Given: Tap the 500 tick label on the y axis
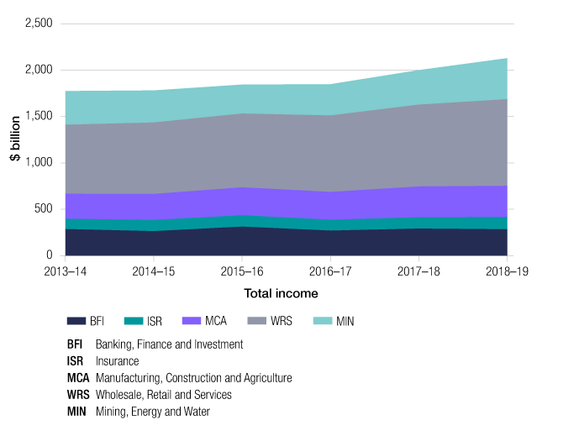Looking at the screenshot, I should [44, 208].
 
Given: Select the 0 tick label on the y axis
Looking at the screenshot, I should [50, 255].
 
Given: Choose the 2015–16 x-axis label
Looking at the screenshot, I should [243, 273].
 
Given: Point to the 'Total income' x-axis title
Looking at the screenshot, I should [281, 293].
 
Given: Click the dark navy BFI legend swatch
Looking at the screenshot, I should [77, 321].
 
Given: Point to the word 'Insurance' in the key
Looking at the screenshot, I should [118, 361].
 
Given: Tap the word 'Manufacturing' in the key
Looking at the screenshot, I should [130, 378].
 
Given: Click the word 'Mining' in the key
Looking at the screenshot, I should [111, 412].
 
